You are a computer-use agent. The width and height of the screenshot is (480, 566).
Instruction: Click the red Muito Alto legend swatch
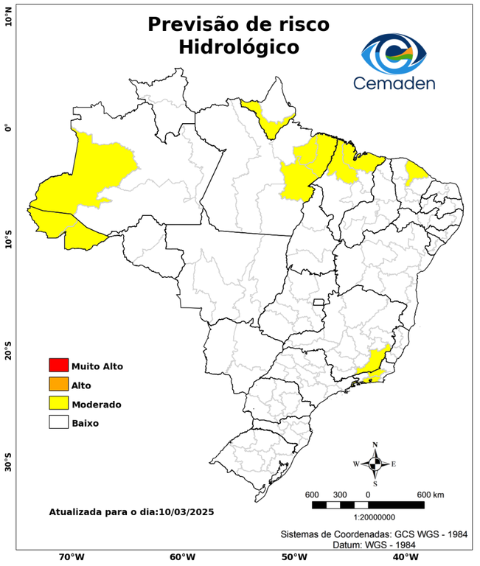tap(58, 366)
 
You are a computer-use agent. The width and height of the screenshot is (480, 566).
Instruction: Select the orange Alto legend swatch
tap(58, 384)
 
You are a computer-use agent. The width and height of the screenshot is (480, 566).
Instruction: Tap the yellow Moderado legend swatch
tap(58, 403)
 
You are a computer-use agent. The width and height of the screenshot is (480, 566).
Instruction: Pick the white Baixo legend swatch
tap(58, 422)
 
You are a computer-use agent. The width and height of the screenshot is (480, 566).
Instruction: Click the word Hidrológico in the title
tap(238, 47)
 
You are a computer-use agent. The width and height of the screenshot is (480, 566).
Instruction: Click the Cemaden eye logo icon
tap(398, 52)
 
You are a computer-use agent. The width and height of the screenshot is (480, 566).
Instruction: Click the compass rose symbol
tap(375, 464)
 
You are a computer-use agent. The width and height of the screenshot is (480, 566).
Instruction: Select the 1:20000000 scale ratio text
tap(368, 517)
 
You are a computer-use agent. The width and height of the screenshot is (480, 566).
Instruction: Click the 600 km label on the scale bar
tap(431, 494)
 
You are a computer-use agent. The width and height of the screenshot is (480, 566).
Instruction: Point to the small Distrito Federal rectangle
tap(319, 302)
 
